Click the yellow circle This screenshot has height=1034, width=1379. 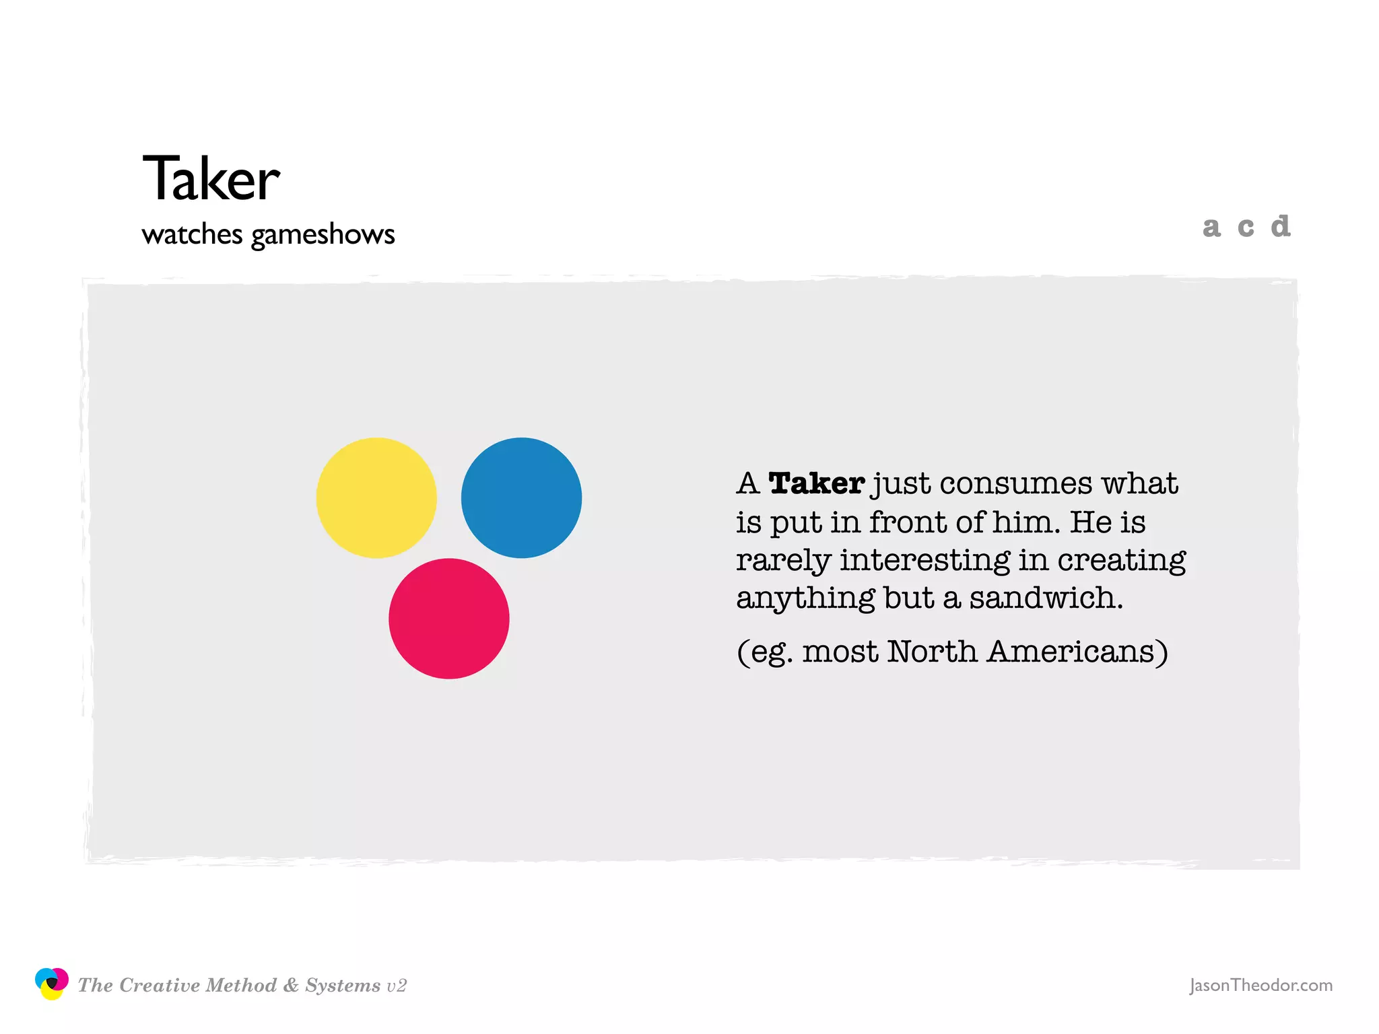coord(376,497)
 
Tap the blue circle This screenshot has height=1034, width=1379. coord(521,497)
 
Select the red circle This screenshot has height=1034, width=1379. coord(448,618)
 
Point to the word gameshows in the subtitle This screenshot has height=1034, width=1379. coord(323,235)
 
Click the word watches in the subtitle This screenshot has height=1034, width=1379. coord(192,234)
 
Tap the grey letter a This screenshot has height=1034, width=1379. coord(1211,228)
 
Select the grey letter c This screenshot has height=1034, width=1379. coord(1246,228)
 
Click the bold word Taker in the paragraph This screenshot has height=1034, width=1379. coord(816,483)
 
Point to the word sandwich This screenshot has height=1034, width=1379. coord(1046,598)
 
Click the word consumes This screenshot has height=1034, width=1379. coord(1016,484)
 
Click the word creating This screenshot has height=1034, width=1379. coord(1121,560)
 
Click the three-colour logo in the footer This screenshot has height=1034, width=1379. coord(52,984)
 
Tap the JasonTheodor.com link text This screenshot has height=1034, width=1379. coord(1260,986)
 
